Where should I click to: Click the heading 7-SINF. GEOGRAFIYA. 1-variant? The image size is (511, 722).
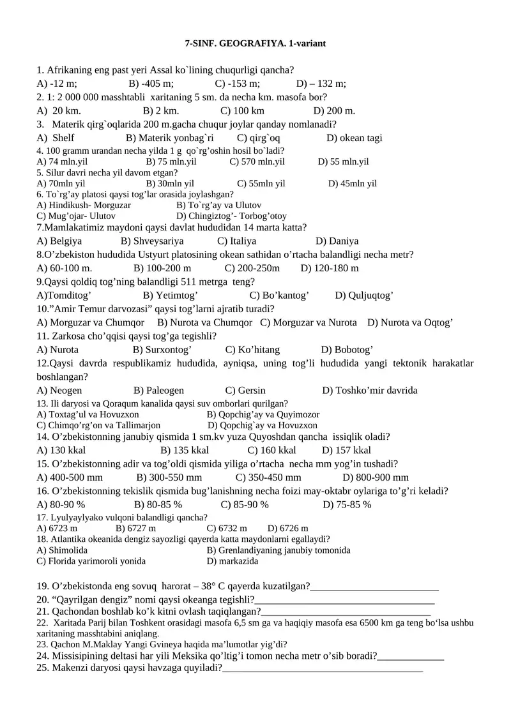(255, 43)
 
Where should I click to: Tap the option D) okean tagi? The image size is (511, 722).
(355, 138)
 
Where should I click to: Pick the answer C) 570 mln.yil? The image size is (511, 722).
(257, 162)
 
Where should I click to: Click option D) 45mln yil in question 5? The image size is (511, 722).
(353, 184)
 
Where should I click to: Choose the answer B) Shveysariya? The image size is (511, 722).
(152, 241)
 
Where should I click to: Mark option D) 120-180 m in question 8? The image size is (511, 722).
(330, 268)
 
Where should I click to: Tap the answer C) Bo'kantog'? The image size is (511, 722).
(279, 295)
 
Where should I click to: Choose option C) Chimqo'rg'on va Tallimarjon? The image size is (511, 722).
(99, 425)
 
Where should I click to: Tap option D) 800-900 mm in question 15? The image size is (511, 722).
(376, 478)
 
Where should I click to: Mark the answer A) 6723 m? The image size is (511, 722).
(57, 529)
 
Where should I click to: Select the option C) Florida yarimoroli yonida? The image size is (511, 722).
(91, 561)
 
